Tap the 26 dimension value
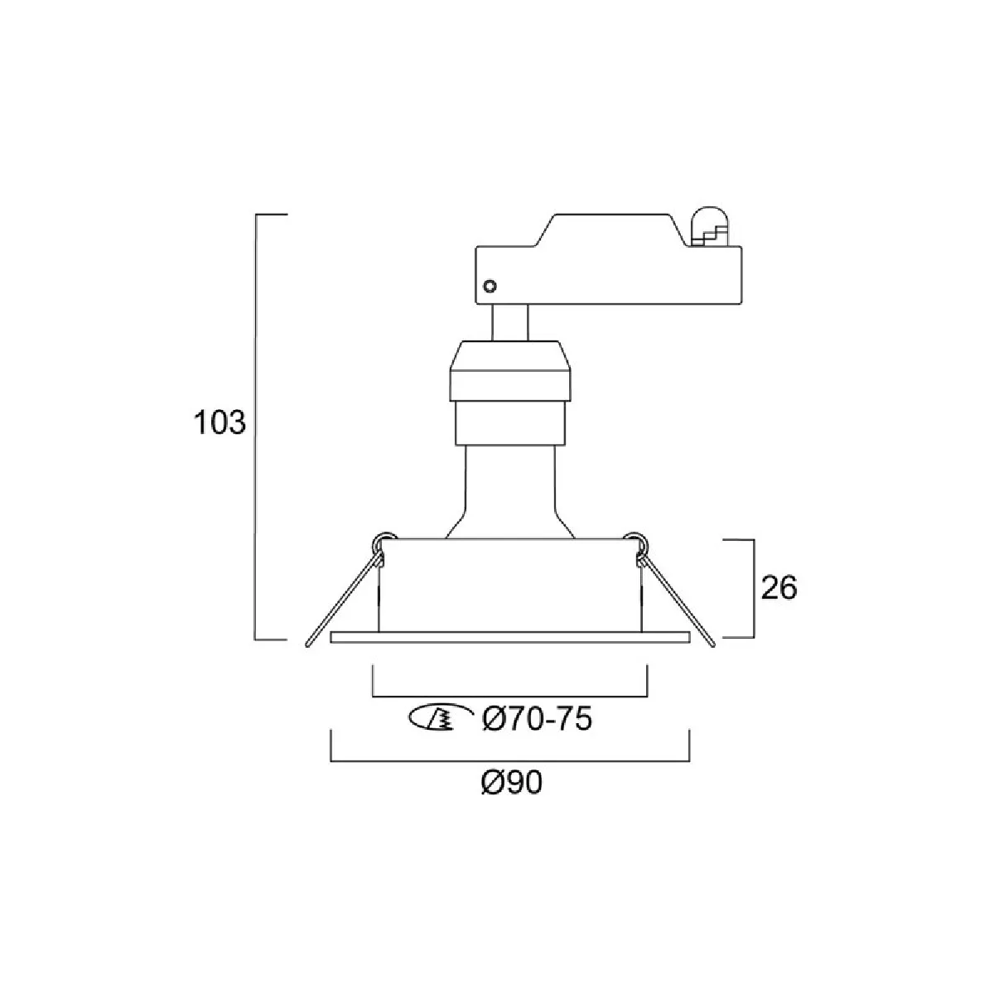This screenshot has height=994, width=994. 779,587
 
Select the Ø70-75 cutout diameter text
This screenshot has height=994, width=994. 537,718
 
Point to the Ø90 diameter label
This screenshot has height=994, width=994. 512,784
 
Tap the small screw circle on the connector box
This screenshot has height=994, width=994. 490,286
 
